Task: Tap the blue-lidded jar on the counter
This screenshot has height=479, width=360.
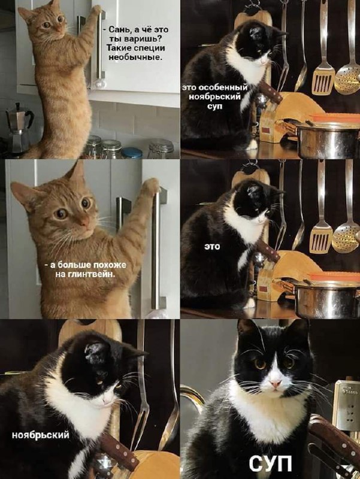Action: [x=132, y=153]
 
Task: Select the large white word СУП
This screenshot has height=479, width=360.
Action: [x=270, y=463]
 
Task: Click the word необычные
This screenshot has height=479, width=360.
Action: [x=136, y=57]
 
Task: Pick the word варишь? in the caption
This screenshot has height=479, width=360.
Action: [x=141, y=39]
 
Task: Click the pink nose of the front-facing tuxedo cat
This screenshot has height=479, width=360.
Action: [x=276, y=383]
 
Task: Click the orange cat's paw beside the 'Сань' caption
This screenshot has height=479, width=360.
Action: [x=96, y=9]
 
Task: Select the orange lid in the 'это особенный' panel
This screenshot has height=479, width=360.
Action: [x=335, y=117]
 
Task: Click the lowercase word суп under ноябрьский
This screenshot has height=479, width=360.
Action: [x=214, y=107]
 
